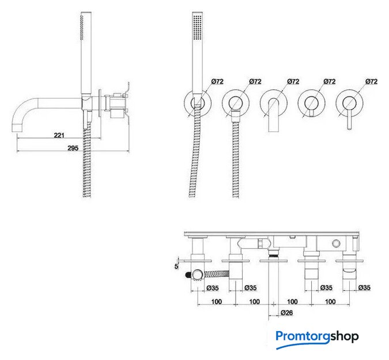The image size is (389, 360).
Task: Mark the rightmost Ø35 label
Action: tap(364, 287)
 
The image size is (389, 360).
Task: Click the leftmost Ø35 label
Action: tap(213, 287)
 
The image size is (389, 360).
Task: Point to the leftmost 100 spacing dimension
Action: tap(217, 301)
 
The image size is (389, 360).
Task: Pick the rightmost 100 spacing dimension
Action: tap(330, 301)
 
